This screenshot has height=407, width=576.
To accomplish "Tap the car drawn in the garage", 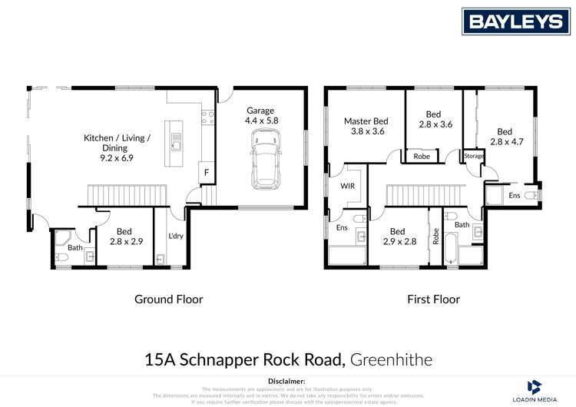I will (x=265, y=157).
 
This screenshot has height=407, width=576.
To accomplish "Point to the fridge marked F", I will (x=207, y=174).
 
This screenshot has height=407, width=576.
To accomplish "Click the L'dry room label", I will (x=176, y=237).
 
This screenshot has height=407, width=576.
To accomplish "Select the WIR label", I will (x=346, y=185).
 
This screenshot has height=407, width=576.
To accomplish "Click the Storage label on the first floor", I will (x=474, y=157).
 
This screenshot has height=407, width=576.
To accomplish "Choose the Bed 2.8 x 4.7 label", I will (x=504, y=136).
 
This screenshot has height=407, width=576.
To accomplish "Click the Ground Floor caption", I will (x=169, y=299).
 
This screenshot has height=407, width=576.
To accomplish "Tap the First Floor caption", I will (x=433, y=299).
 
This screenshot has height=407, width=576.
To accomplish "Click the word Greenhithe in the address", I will (x=392, y=359).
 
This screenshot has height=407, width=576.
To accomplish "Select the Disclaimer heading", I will (x=287, y=381).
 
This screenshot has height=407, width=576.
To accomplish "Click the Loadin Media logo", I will (x=535, y=390).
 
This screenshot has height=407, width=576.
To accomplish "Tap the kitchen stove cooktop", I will (x=207, y=117).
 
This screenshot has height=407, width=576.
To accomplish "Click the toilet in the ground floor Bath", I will (x=62, y=256).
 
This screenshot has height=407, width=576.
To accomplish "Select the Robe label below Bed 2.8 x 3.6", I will (x=422, y=157).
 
